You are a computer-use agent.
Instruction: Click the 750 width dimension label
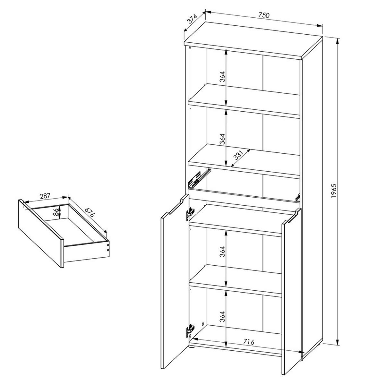[264, 15]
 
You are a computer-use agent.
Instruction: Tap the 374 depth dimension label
[192, 20]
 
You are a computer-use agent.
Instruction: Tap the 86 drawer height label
[56, 211]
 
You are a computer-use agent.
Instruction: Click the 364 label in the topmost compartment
[223, 77]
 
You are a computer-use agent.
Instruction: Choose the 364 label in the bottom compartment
[223, 317]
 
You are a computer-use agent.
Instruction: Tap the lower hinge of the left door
[190, 330]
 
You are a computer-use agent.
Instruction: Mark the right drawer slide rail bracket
[298, 197]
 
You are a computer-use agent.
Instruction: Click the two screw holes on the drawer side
[108, 246]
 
